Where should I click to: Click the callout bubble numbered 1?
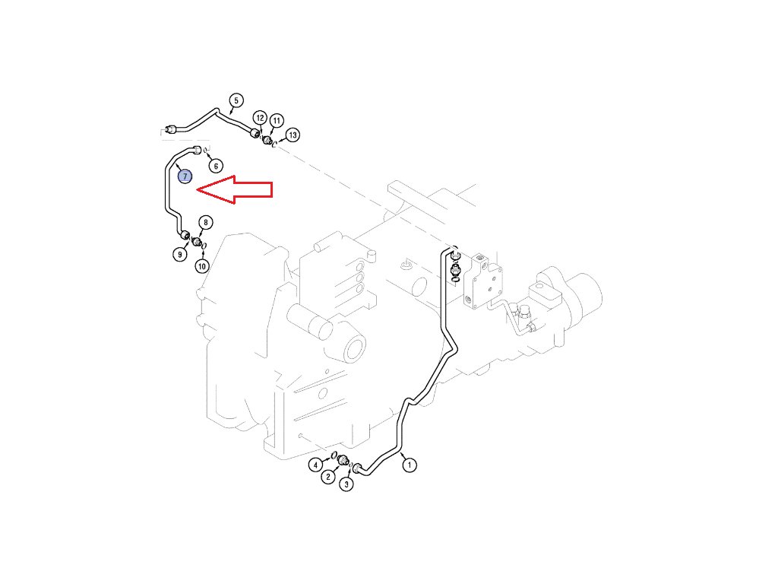[410, 465]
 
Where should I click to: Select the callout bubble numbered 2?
[327, 477]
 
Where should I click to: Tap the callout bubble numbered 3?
[346, 484]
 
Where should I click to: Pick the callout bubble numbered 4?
[315, 465]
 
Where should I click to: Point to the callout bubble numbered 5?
[236, 100]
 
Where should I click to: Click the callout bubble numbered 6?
[215, 165]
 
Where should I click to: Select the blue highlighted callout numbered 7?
[185, 176]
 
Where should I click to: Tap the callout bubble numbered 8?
[205, 222]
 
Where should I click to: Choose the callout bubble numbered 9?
[180, 254]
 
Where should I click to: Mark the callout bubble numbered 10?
[201, 266]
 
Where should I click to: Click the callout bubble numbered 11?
[276, 120]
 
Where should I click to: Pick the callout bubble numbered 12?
[260, 118]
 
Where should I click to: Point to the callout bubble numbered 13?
[293, 135]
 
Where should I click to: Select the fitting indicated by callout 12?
[256, 135]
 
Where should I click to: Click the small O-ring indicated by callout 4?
[334, 455]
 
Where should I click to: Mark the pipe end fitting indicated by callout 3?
[359, 467]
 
